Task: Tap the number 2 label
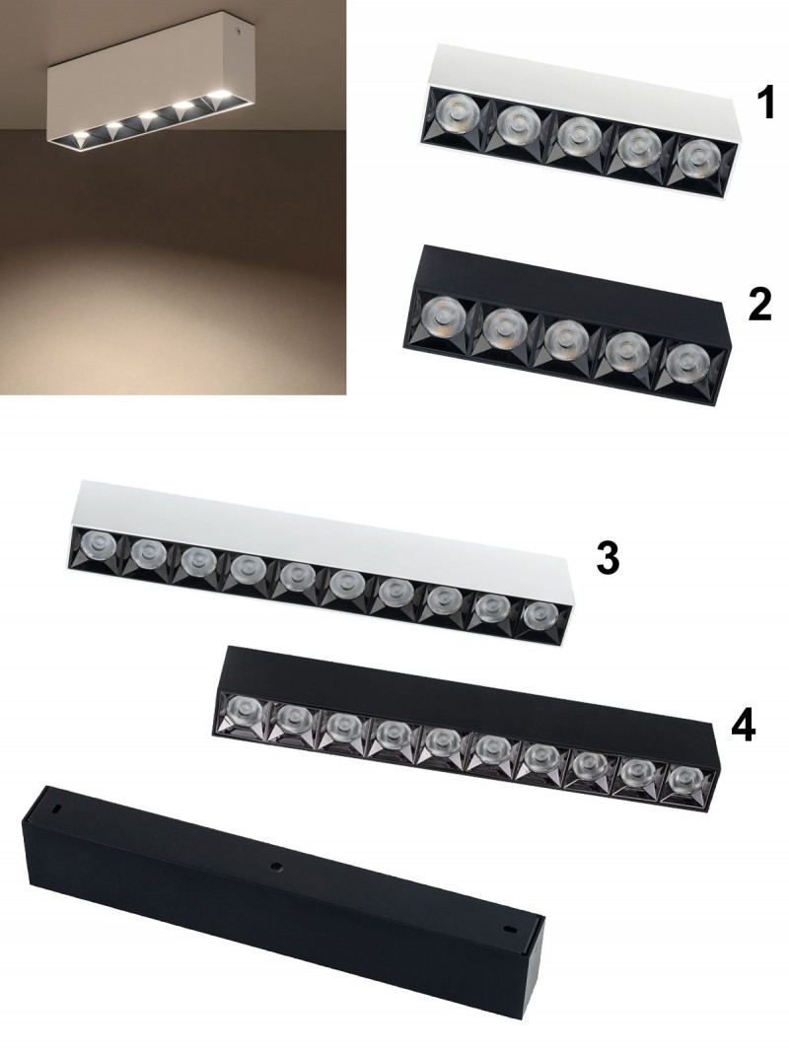pyautogui.click(x=759, y=306)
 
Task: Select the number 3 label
pyautogui.click(x=608, y=560)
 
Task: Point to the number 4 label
pyautogui.click(x=743, y=728)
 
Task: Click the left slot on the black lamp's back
pyautogui.click(x=58, y=807)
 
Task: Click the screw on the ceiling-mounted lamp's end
pyautogui.click(x=236, y=30)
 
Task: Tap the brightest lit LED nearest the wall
pyautogui.click(x=217, y=94)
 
